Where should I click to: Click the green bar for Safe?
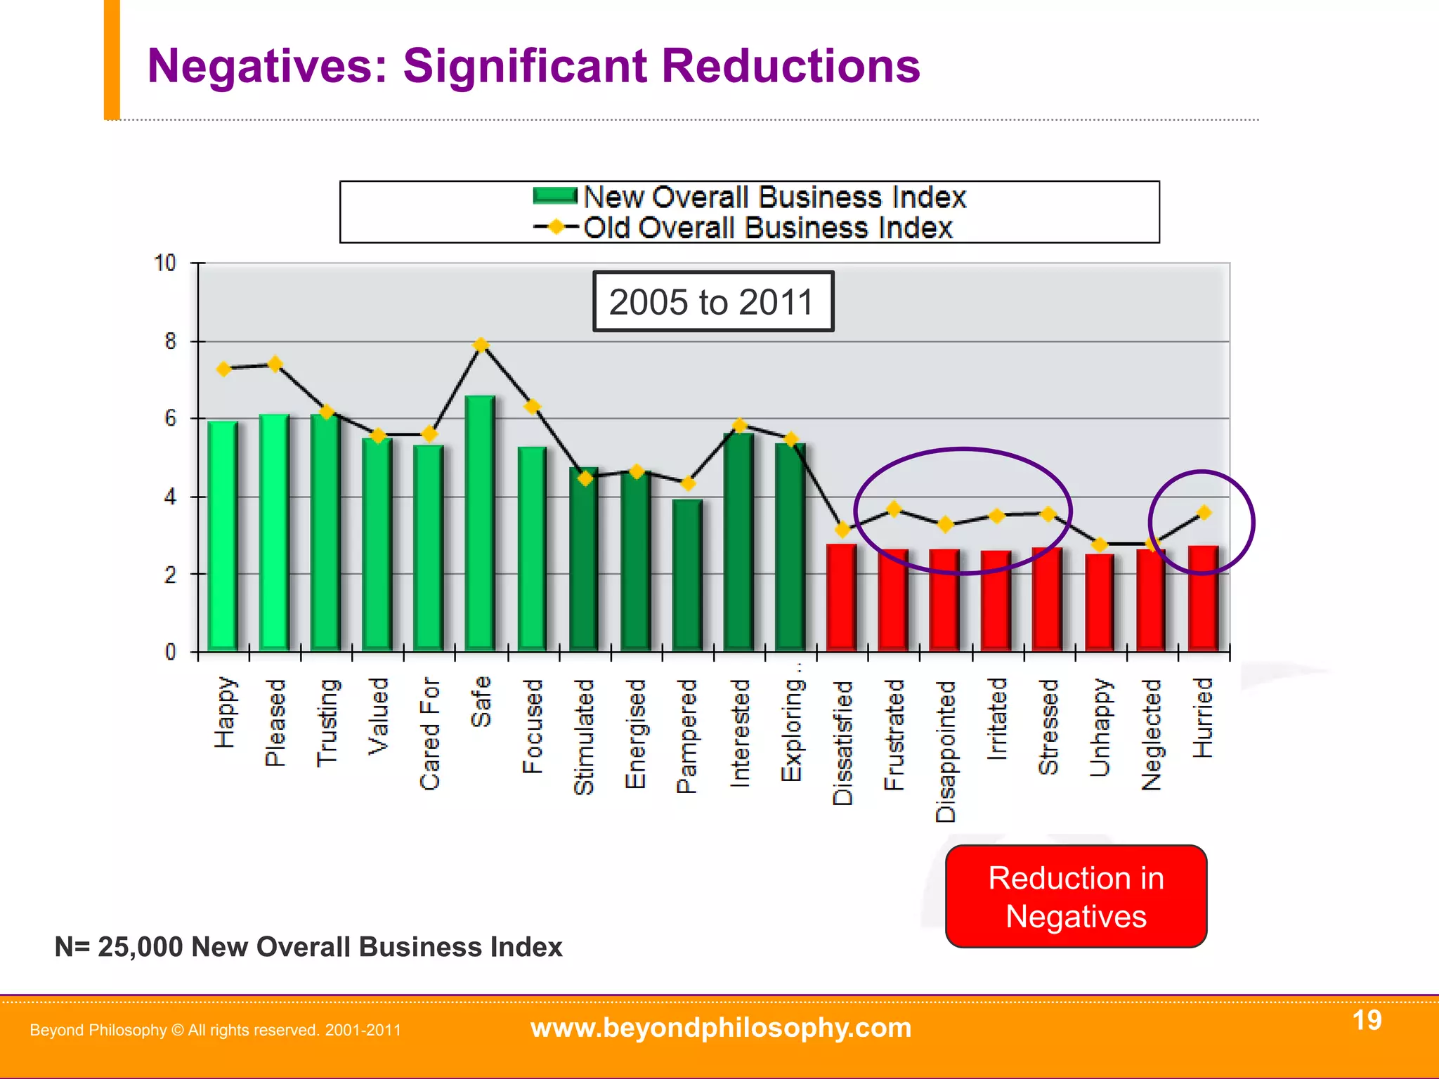pos(480,523)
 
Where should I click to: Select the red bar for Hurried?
pos(1203,599)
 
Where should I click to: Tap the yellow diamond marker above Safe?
pos(481,345)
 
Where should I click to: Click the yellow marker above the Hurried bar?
pos(1204,512)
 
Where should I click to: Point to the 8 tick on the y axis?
pos(171,342)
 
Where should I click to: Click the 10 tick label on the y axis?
pos(165,263)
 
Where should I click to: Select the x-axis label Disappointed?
pos(946,751)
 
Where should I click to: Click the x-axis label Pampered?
pos(686,736)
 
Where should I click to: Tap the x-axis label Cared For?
pos(430,733)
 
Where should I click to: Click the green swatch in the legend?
pos(555,196)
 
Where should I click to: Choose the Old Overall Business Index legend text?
pos(768,228)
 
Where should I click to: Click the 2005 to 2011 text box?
pos(712,302)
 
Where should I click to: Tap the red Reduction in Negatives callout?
pos(1076,897)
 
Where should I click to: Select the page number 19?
pos(1367,1020)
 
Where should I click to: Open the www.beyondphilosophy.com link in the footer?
pos(721,1028)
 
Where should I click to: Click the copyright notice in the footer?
pos(215,1031)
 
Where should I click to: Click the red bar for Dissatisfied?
pos(842,597)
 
